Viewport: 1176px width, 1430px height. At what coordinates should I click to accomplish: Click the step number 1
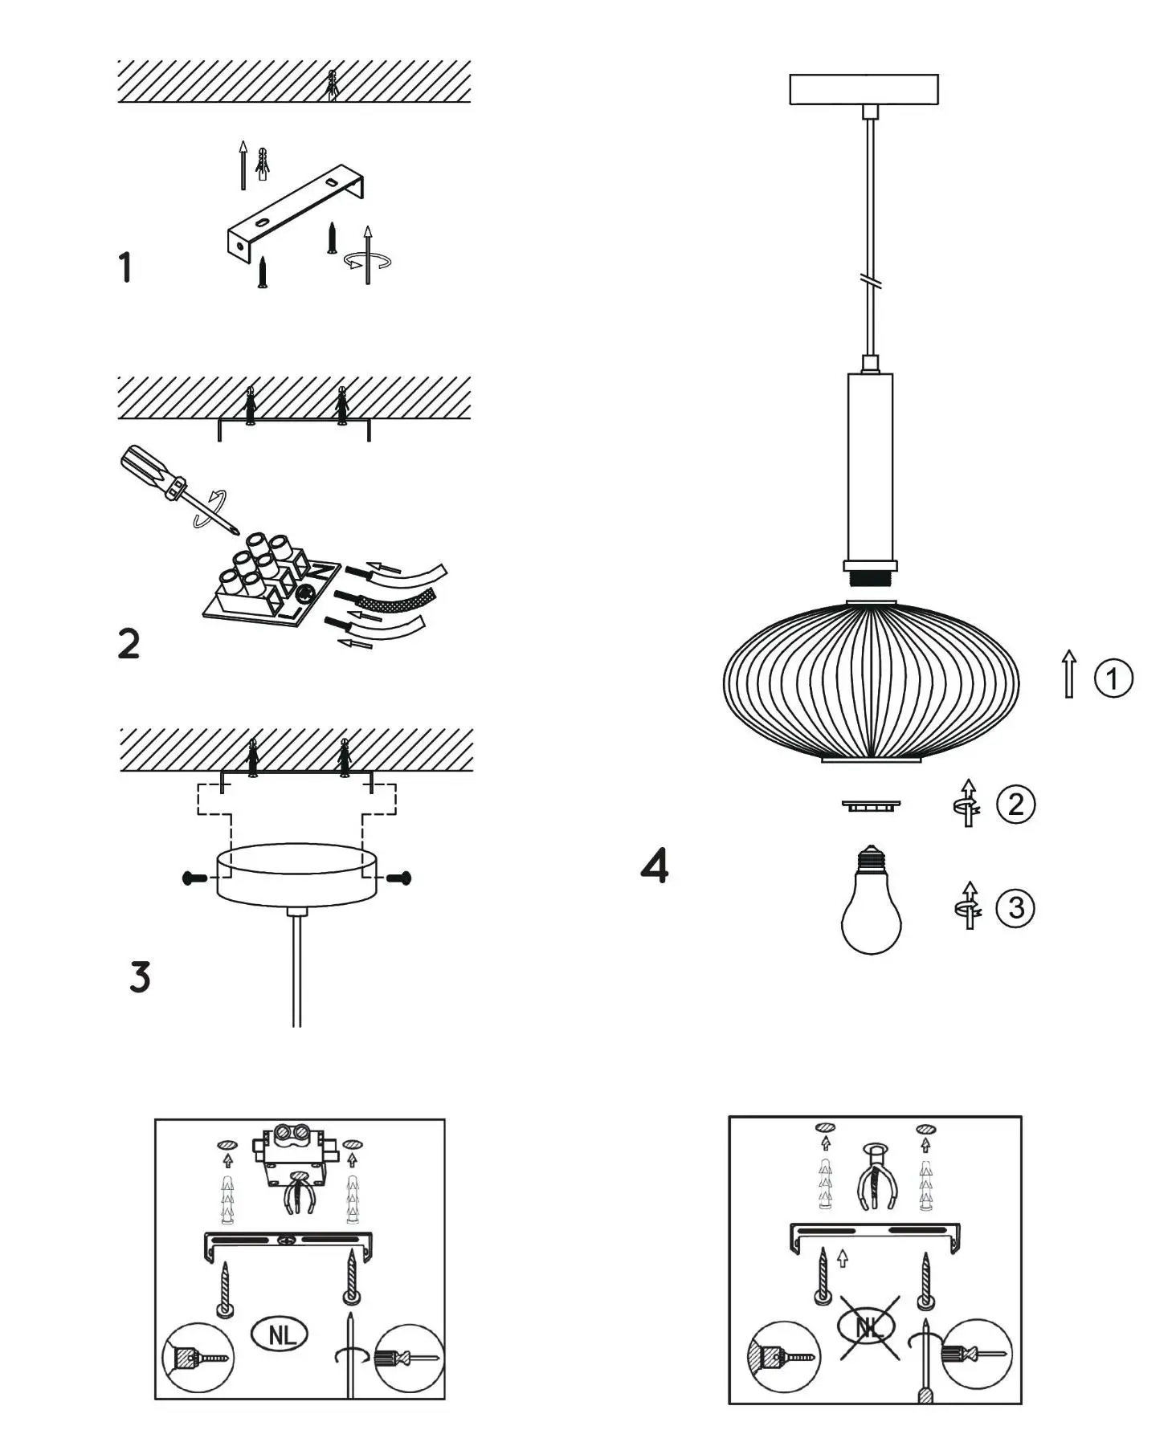(x=125, y=267)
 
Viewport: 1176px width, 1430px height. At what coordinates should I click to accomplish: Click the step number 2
(x=129, y=644)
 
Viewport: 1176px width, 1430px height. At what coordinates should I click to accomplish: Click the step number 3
(x=140, y=977)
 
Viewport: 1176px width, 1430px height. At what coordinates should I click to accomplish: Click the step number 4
(x=655, y=866)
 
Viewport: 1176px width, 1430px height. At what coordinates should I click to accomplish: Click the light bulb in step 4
(x=872, y=907)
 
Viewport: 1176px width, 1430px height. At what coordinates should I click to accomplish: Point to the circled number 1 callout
(x=1113, y=678)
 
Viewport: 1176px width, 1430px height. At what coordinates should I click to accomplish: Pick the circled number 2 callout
(x=1016, y=804)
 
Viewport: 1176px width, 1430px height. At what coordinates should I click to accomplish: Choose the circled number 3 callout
(x=1015, y=908)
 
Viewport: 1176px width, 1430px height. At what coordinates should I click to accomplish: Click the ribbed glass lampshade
(x=871, y=682)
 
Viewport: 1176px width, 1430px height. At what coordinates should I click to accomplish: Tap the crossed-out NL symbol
(x=869, y=1327)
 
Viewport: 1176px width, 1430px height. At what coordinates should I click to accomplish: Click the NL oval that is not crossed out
(x=280, y=1334)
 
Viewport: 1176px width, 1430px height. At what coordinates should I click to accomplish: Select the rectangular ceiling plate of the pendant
(x=864, y=89)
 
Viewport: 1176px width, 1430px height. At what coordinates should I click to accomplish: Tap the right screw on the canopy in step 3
(x=399, y=878)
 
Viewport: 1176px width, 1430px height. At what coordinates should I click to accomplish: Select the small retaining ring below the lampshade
(x=871, y=805)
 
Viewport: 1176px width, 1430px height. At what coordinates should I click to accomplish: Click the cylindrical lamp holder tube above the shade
(x=870, y=466)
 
